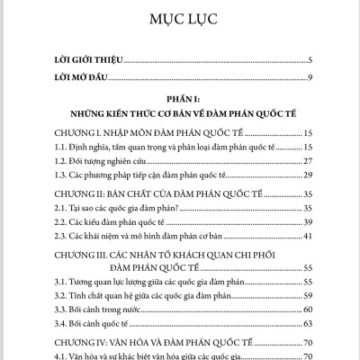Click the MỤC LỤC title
click(179, 19)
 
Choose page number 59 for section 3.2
click(307, 294)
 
